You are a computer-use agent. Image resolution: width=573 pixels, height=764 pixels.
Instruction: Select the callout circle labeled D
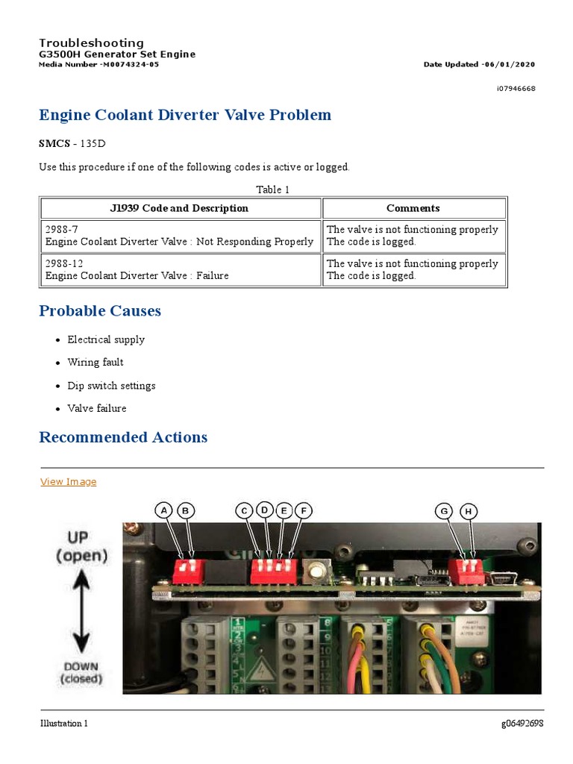pos(265,510)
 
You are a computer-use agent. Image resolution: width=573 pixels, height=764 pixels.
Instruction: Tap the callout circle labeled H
pos(469,511)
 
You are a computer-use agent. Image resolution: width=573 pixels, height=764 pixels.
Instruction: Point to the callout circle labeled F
pos(303,510)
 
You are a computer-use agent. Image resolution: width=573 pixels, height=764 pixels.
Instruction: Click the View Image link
pos(68,482)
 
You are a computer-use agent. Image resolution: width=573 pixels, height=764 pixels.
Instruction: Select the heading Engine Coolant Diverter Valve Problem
pos(185,115)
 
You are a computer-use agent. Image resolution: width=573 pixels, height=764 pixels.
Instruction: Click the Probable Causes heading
pos(100,310)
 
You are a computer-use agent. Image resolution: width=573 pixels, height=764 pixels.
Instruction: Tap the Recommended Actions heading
pos(123,437)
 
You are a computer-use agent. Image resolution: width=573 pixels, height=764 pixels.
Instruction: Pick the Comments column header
pos(413,208)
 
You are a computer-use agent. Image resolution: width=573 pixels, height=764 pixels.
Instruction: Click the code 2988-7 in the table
pos(62,230)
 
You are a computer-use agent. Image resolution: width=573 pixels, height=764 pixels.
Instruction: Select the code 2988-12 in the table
pos(65,263)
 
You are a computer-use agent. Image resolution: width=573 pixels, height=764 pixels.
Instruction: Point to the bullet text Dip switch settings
pos(111,386)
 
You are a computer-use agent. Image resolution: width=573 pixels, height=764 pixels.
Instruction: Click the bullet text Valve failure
pos(97,408)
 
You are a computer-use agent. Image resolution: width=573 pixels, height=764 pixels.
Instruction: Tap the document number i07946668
pos(516,89)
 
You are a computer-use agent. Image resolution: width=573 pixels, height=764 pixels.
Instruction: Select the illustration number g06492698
pos(522,724)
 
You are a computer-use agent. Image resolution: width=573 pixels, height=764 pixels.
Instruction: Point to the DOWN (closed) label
pos(81,672)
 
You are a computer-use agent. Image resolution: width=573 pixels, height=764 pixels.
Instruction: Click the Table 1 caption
pos(272,190)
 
